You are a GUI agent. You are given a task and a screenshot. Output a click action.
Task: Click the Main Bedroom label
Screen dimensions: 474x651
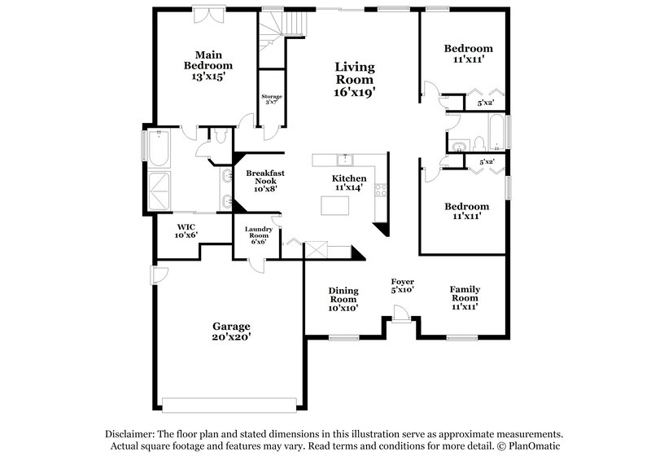(208, 65)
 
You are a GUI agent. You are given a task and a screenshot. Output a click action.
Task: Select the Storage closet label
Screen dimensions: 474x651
(271, 100)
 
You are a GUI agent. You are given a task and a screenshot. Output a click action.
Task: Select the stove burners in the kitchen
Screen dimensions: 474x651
(379, 191)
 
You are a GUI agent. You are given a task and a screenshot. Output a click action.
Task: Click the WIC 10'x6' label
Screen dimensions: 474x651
(186, 230)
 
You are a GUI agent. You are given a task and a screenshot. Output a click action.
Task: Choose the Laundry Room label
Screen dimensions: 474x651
(258, 235)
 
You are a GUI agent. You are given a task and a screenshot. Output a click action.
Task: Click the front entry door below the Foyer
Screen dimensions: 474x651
(400, 314)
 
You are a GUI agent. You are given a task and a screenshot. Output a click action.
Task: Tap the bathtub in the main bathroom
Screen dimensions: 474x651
(157, 147)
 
